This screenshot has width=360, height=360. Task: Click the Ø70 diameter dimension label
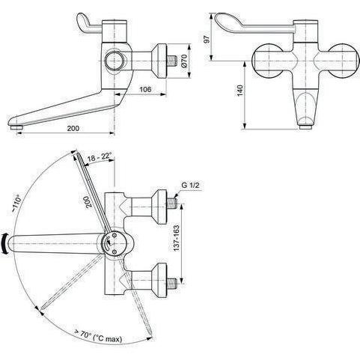[x=184, y=61]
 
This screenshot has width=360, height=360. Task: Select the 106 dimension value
[x=145, y=89]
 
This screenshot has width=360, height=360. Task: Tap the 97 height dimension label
[x=207, y=40]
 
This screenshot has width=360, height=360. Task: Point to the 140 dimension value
[x=240, y=91]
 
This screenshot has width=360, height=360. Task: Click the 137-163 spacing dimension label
[x=176, y=238]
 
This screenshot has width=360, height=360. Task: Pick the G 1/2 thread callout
[x=191, y=185]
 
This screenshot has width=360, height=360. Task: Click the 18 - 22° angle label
[x=100, y=157]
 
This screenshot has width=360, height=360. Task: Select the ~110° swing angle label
[x=16, y=203]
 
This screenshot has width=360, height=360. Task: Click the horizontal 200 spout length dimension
[x=73, y=128]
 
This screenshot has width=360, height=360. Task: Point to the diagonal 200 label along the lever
[x=88, y=201]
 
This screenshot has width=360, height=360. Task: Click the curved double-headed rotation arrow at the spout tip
[x=5, y=244]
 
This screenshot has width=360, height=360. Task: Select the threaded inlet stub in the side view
[x=171, y=61]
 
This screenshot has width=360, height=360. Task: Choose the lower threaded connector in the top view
[x=171, y=282]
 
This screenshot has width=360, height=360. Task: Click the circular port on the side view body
[x=114, y=61]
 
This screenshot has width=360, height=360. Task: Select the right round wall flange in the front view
[x=344, y=61]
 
